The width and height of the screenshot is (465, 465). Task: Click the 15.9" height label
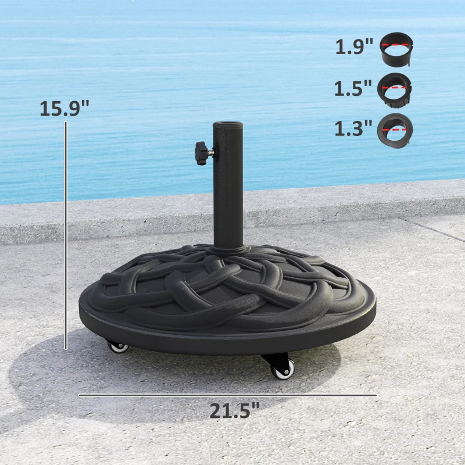coord(65,108)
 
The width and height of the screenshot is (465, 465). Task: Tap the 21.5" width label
coord(234,411)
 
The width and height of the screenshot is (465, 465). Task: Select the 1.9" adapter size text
coord(354,46)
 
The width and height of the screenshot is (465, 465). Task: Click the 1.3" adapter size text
coord(353,128)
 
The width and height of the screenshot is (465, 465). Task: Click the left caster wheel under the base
coord(118,346)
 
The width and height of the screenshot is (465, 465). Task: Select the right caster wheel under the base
coord(283,369)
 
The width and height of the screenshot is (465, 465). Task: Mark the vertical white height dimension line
coord(66,233)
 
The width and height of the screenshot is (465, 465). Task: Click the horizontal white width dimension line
coord(227,395)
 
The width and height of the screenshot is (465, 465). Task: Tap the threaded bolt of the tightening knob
coord(210,152)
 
